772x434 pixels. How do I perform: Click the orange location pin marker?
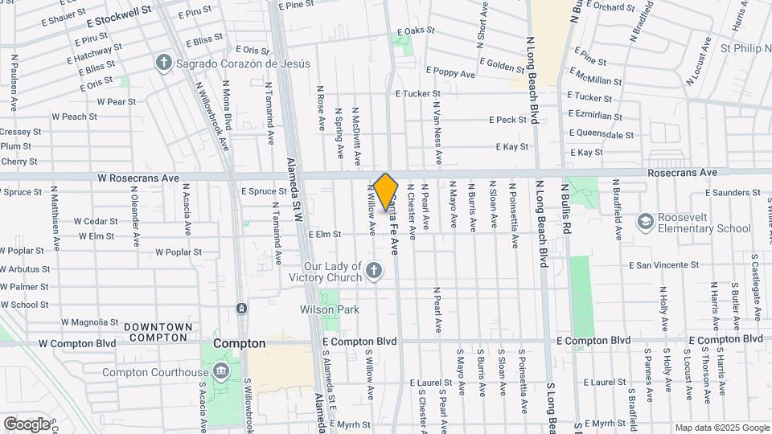click(386, 191)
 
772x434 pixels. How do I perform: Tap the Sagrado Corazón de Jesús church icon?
click(164, 62)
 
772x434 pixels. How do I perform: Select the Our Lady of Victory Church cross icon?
click(373, 272)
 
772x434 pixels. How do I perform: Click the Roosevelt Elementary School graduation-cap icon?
click(645, 220)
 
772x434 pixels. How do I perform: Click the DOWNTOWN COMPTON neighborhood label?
click(158, 333)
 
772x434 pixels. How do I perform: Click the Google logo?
click(27, 424)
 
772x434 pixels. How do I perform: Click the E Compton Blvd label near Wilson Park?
click(359, 341)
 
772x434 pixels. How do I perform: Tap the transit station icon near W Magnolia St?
click(241, 309)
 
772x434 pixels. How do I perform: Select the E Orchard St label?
click(611, 6)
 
